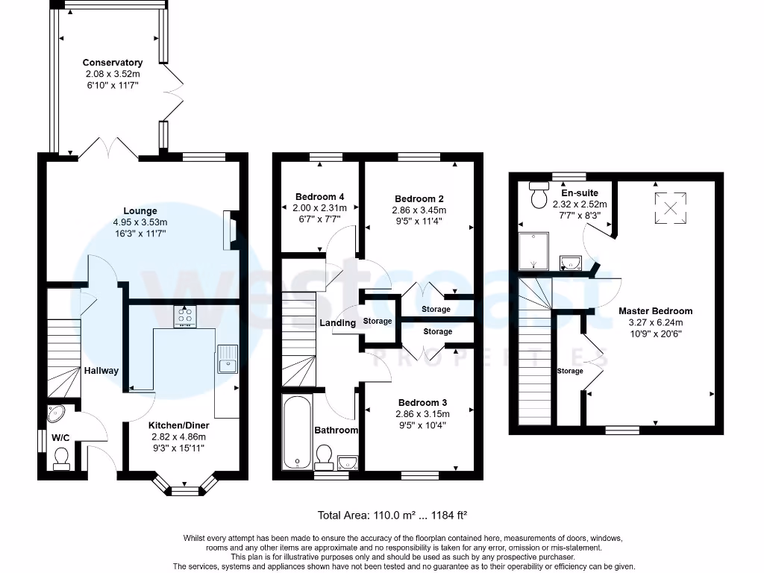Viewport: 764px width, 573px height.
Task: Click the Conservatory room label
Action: tap(113, 63)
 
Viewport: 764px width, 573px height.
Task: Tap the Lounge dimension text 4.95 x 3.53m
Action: tap(140, 222)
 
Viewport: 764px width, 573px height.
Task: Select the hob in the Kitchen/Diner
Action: tap(185, 316)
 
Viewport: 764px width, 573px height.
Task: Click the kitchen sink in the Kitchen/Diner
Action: tap(228, 359)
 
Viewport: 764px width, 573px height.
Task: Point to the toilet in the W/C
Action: tap(61, 459)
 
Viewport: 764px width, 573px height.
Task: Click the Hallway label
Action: tap(101, 371)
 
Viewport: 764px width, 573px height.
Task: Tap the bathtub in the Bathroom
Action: tap(297, 432)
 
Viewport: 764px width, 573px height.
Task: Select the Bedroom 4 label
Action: tap(319, 197)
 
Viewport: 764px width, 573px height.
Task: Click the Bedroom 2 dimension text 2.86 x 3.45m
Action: tap(419, 210)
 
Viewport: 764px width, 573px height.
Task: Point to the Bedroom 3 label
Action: tap(422, 402)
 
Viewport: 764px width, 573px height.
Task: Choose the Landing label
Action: tap(338, 322)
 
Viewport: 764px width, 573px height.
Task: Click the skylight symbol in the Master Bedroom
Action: tap(671, 209)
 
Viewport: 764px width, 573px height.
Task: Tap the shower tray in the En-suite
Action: tap(533, 251)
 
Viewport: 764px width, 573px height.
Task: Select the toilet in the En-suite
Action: tap(539, 195)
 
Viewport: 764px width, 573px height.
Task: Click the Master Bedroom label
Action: tap(655, 311)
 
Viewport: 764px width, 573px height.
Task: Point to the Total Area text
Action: tap(392, 515)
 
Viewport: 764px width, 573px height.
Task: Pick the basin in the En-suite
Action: tap(571, 263)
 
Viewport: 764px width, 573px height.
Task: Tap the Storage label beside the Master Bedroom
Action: tap(570, 372)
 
